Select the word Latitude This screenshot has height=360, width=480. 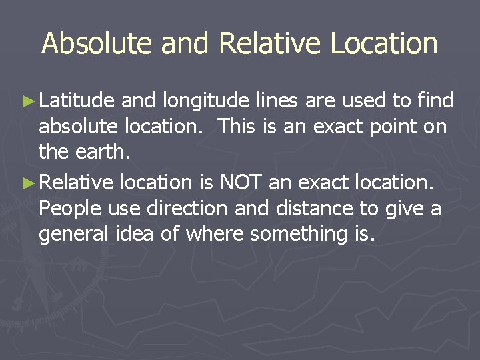point(77,101)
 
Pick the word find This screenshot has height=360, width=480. point(435,101)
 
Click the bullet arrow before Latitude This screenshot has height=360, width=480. point(29,101)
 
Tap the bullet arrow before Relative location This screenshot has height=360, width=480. point(29,181)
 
